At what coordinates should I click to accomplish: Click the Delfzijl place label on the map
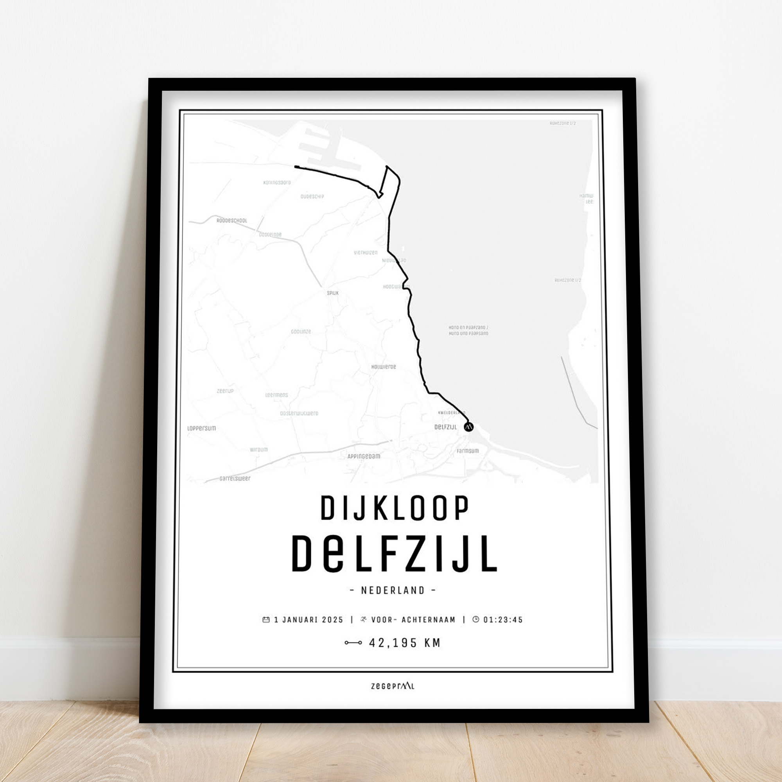pyautogui.click(x=445, y=427)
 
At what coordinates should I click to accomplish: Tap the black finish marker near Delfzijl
pyautogui.click(x=468, y=427)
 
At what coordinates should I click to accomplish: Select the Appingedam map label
pyautogui.click(x=364, y=456)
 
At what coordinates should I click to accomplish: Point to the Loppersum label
pyautogui.click(x=202, y=428)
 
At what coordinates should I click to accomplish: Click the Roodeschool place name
pyautogui.click(x=231, y=221)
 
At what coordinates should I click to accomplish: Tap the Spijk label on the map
pyautogui.click(x=333, y=293)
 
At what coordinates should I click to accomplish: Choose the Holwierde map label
pyautogui.click(x=383, y=367)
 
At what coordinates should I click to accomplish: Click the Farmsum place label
pyautogui.click(x=468, y=451)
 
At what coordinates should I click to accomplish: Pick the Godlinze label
pyautogui.click(x=301, y=332)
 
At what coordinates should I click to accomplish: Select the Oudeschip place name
pyautogui.click(x=312, y=197)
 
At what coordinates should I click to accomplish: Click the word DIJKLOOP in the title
pyautogui.click(x=395, y=508)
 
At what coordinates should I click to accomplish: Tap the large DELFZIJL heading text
pyautogui.click(x=394, y=554)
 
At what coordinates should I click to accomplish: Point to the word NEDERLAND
pyautogui.click(x=393, y=590)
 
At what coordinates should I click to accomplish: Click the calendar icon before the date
pyautogui.click(x=266, y=619)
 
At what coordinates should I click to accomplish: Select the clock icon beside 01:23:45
pyautogui.click(x=475, y=619)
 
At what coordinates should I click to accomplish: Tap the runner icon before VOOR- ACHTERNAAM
pyautogui.click(x=364, y=619)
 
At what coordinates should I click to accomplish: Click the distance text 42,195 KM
pyautogui.click(x=404, y=643)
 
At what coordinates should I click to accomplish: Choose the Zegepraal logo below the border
pyautogui.click(x=393, y=686)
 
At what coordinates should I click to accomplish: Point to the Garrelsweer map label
pyautogui.click(x=235, y=479)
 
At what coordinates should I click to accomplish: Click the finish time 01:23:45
pyautogui.click(x=503, y=620)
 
